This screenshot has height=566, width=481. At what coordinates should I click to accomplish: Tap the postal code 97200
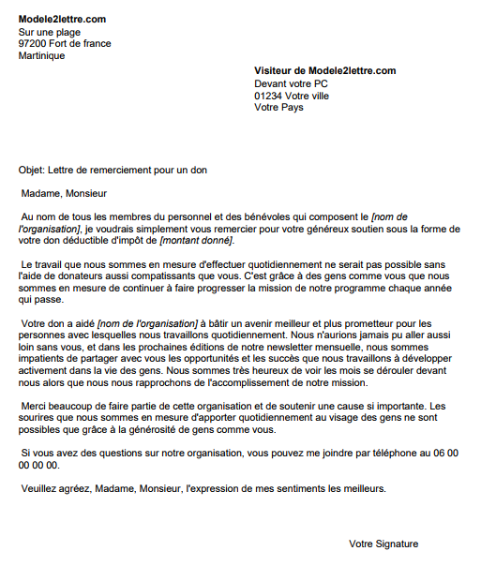(x=33, y=43)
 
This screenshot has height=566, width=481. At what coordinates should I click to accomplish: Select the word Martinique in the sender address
(x=42, y=55)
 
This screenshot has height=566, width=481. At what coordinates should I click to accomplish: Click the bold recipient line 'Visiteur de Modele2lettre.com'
(x=325, y=71)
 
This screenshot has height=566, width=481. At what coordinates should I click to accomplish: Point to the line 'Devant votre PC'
(x=292, y=83)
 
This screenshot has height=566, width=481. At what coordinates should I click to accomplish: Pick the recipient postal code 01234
(x=269, y=96)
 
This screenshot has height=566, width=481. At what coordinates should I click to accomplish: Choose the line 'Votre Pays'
(x=279, y=108)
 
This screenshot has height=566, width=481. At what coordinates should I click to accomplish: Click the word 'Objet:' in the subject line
(x=32, y=170)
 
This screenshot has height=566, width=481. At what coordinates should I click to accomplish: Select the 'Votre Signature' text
(x=383, y=544)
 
